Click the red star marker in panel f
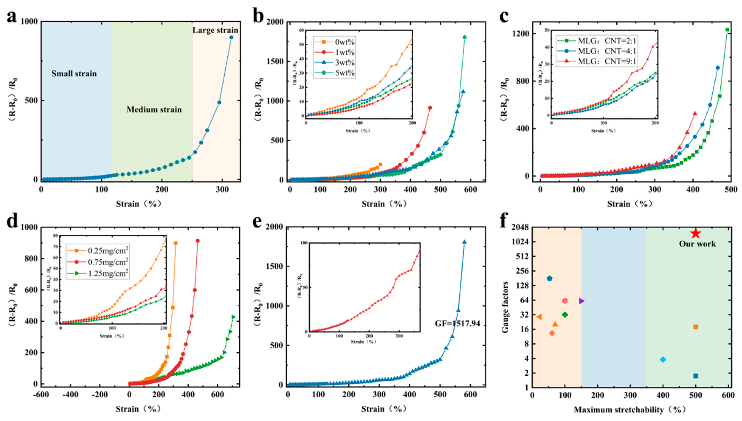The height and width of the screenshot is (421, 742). coord(696,233)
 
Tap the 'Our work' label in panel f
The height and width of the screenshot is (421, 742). coord(697,244)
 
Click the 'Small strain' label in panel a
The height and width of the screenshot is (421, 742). coord(74,74)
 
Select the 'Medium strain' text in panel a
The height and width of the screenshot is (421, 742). coord(154,110)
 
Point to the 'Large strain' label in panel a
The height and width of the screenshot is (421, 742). coord(215,30)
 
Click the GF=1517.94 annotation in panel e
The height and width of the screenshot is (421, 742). coord(458,323)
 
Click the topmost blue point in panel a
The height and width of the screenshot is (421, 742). coord(231,37)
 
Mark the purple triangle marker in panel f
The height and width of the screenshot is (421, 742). coord(582,301)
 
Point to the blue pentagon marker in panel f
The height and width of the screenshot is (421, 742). coord(549,279)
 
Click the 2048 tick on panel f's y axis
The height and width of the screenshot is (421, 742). coord(520,227)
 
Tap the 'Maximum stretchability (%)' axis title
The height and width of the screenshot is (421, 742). coord(630,410)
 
